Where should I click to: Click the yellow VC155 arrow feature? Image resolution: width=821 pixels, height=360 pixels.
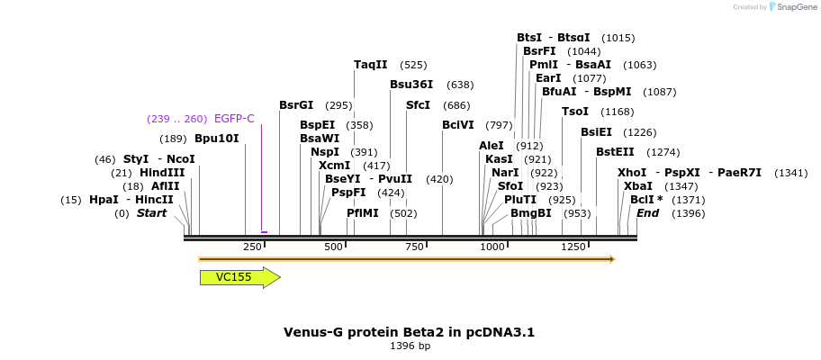tap(239, 277)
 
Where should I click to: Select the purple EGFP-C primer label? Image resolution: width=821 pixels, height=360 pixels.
tap(234, 119)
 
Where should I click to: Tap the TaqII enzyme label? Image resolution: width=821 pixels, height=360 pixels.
tap(371, 65)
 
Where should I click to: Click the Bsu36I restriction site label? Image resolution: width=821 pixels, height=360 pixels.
tap(411, 85)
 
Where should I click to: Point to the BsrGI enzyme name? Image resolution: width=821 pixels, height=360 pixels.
tap(296, 105)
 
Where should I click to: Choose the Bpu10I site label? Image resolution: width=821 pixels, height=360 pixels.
tap(217, 139)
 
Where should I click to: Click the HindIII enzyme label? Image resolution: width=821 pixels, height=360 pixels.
tap(162, 173)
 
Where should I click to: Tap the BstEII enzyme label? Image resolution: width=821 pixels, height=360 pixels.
tap(615, 152)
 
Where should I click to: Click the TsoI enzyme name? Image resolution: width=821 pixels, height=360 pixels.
tap(574, 112)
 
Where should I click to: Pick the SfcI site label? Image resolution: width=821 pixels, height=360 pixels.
tap(419, 105)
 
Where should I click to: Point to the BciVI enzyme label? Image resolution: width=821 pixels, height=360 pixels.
tap(458, 125)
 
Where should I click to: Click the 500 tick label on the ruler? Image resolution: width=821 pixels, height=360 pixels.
tap(333, 247)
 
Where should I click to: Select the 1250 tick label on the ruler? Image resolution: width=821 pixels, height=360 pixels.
tap(573, 247)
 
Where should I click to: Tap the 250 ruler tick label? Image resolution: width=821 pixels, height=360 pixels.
tap(253, 247)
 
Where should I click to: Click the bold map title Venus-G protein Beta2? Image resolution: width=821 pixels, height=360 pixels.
tap(410, 332)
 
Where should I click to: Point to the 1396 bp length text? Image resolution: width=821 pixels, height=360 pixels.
tap(410, 346)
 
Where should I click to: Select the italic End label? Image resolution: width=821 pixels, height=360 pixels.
tap(648, 213)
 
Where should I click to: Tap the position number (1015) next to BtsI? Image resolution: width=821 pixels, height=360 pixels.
tap(618, 38)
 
